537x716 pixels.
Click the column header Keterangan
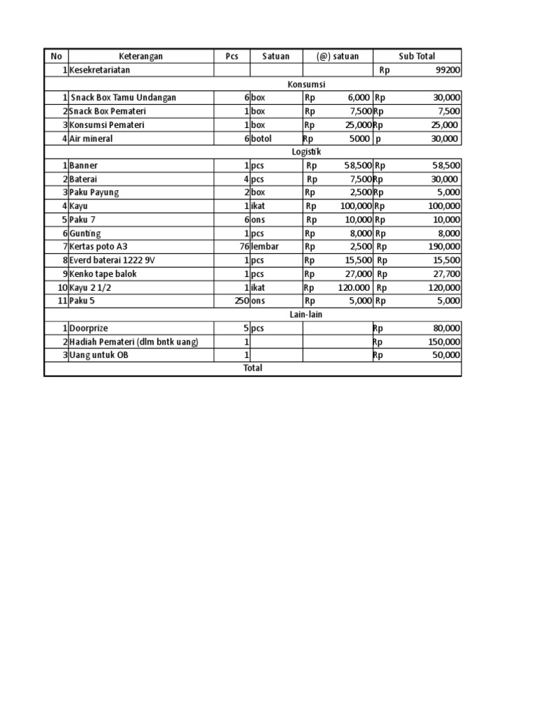pyautogui.click(x=141, y=57)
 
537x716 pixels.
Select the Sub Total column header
pyautogui.click(x=417, y=57)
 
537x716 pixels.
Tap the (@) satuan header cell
pyautogui.click(x=337, y=57)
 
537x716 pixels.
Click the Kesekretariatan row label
pyautogui.click(x=99, y=71)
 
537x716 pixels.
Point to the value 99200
pyautogui.click(x=447, y=71)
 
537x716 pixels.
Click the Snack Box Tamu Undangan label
pyautogui.click(x=123, y=98)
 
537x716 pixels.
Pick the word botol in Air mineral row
pyautogui.click(x=262, y=138)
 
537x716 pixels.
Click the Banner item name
pyautogui.click(x=83, y=166)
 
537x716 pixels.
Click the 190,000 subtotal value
pyautogui.click(x=444, y=247)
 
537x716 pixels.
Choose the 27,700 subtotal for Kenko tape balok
pyautogui.click(x=447, y=274)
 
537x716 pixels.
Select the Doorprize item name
pyautogui.click(x=89, y=328)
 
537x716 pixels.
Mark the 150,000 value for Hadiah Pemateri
pyautogui.click(x=444, y=342)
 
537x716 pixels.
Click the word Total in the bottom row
pyautogui.click(x=252, y=368)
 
